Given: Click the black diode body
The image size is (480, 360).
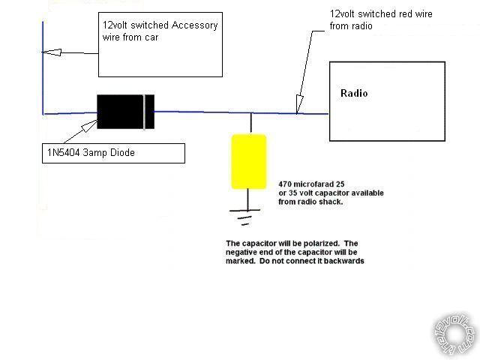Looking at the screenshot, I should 123,112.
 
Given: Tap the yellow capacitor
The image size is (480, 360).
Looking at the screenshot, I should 248,161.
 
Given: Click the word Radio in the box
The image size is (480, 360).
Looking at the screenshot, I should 354,94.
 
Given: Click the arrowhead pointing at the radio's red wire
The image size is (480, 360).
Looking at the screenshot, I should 299,108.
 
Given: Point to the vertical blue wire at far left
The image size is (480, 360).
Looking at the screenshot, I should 43,75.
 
